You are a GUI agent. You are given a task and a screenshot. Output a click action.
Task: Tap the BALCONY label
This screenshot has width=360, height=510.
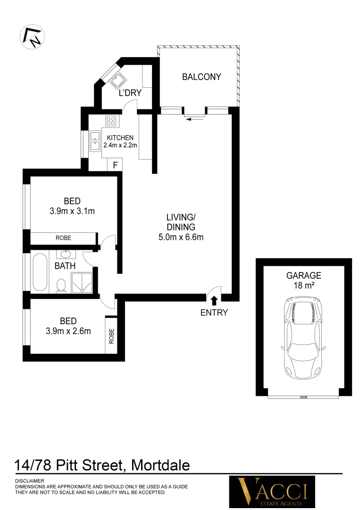point(201,76)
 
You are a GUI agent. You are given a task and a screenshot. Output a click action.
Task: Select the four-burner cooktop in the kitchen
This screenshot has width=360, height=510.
point(111,120)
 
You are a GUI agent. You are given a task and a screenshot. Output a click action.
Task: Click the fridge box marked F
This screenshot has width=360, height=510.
point(115,165)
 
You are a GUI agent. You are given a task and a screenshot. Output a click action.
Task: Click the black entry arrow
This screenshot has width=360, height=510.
point(214,300)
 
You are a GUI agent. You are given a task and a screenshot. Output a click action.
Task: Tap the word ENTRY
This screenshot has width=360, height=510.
point(214,312)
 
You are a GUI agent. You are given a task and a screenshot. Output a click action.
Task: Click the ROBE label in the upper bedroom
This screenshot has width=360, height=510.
point(63,238)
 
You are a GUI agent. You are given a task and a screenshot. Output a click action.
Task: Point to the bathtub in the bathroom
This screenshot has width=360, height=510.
point(40,272)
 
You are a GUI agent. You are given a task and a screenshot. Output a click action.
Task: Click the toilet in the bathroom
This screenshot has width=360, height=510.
point(61,285)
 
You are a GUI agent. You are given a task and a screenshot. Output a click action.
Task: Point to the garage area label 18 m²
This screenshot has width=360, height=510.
point(303,285)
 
